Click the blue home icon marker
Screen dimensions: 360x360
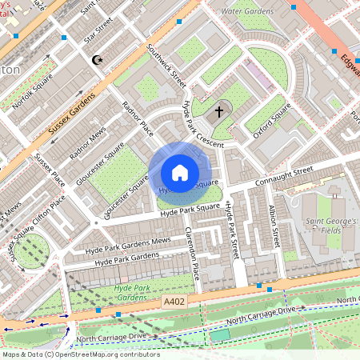(180, 173)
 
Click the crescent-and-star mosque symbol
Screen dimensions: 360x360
(98, 60)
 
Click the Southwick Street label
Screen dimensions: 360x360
(166, 66)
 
